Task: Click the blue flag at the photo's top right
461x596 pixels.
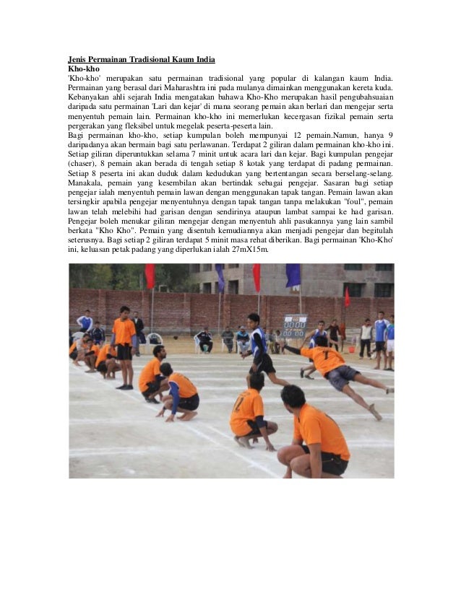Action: [x=293, y=275]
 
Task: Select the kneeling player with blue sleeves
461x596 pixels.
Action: [x=178, y=393]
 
